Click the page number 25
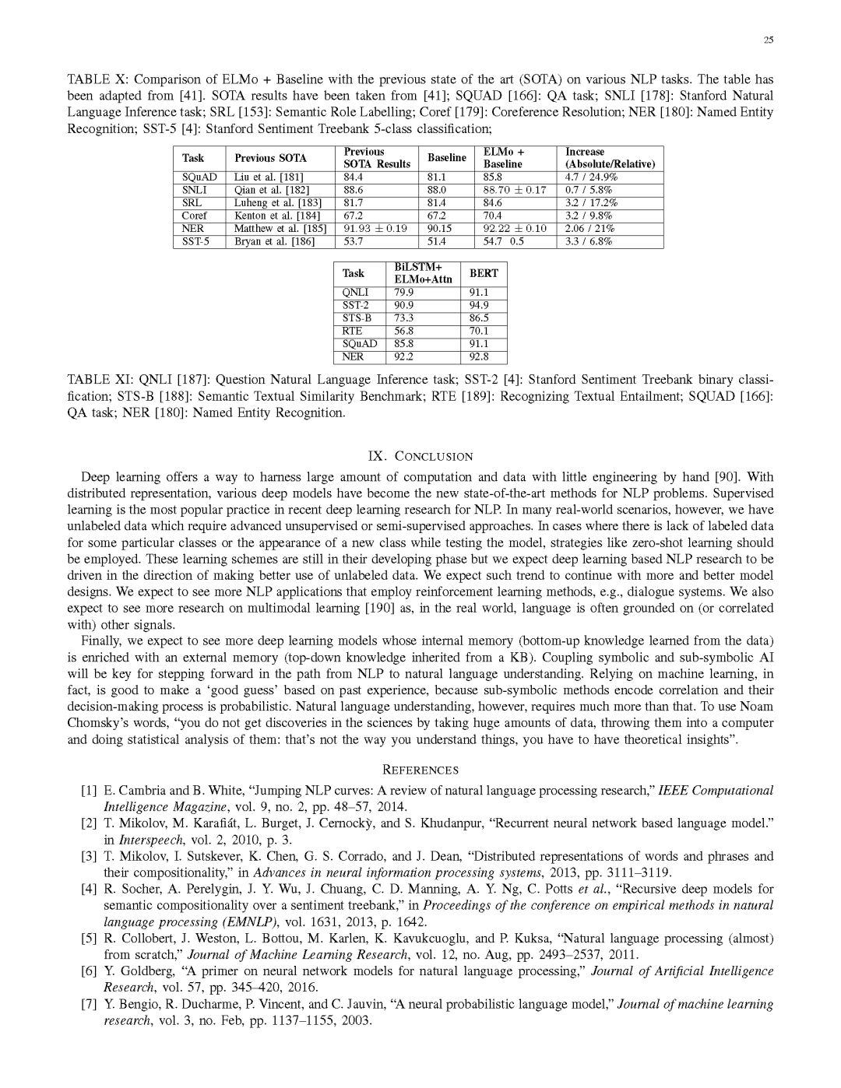tap(768, 40)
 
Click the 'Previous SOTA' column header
tap(270, 158)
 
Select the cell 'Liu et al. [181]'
tap(269, 177)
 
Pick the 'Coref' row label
tap(194, 216)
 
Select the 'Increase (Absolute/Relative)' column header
tap(610, 158)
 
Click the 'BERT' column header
tap(484, 273)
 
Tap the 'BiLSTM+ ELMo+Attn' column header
tap(423, 273)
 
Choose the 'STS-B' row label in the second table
tap(357, 318)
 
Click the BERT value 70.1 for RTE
tap(479, 331)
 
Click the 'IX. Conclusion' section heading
tap(420, 456)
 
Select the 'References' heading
tap(420, 770)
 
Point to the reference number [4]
tap(89, 889)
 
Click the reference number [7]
tap(89, 1004)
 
